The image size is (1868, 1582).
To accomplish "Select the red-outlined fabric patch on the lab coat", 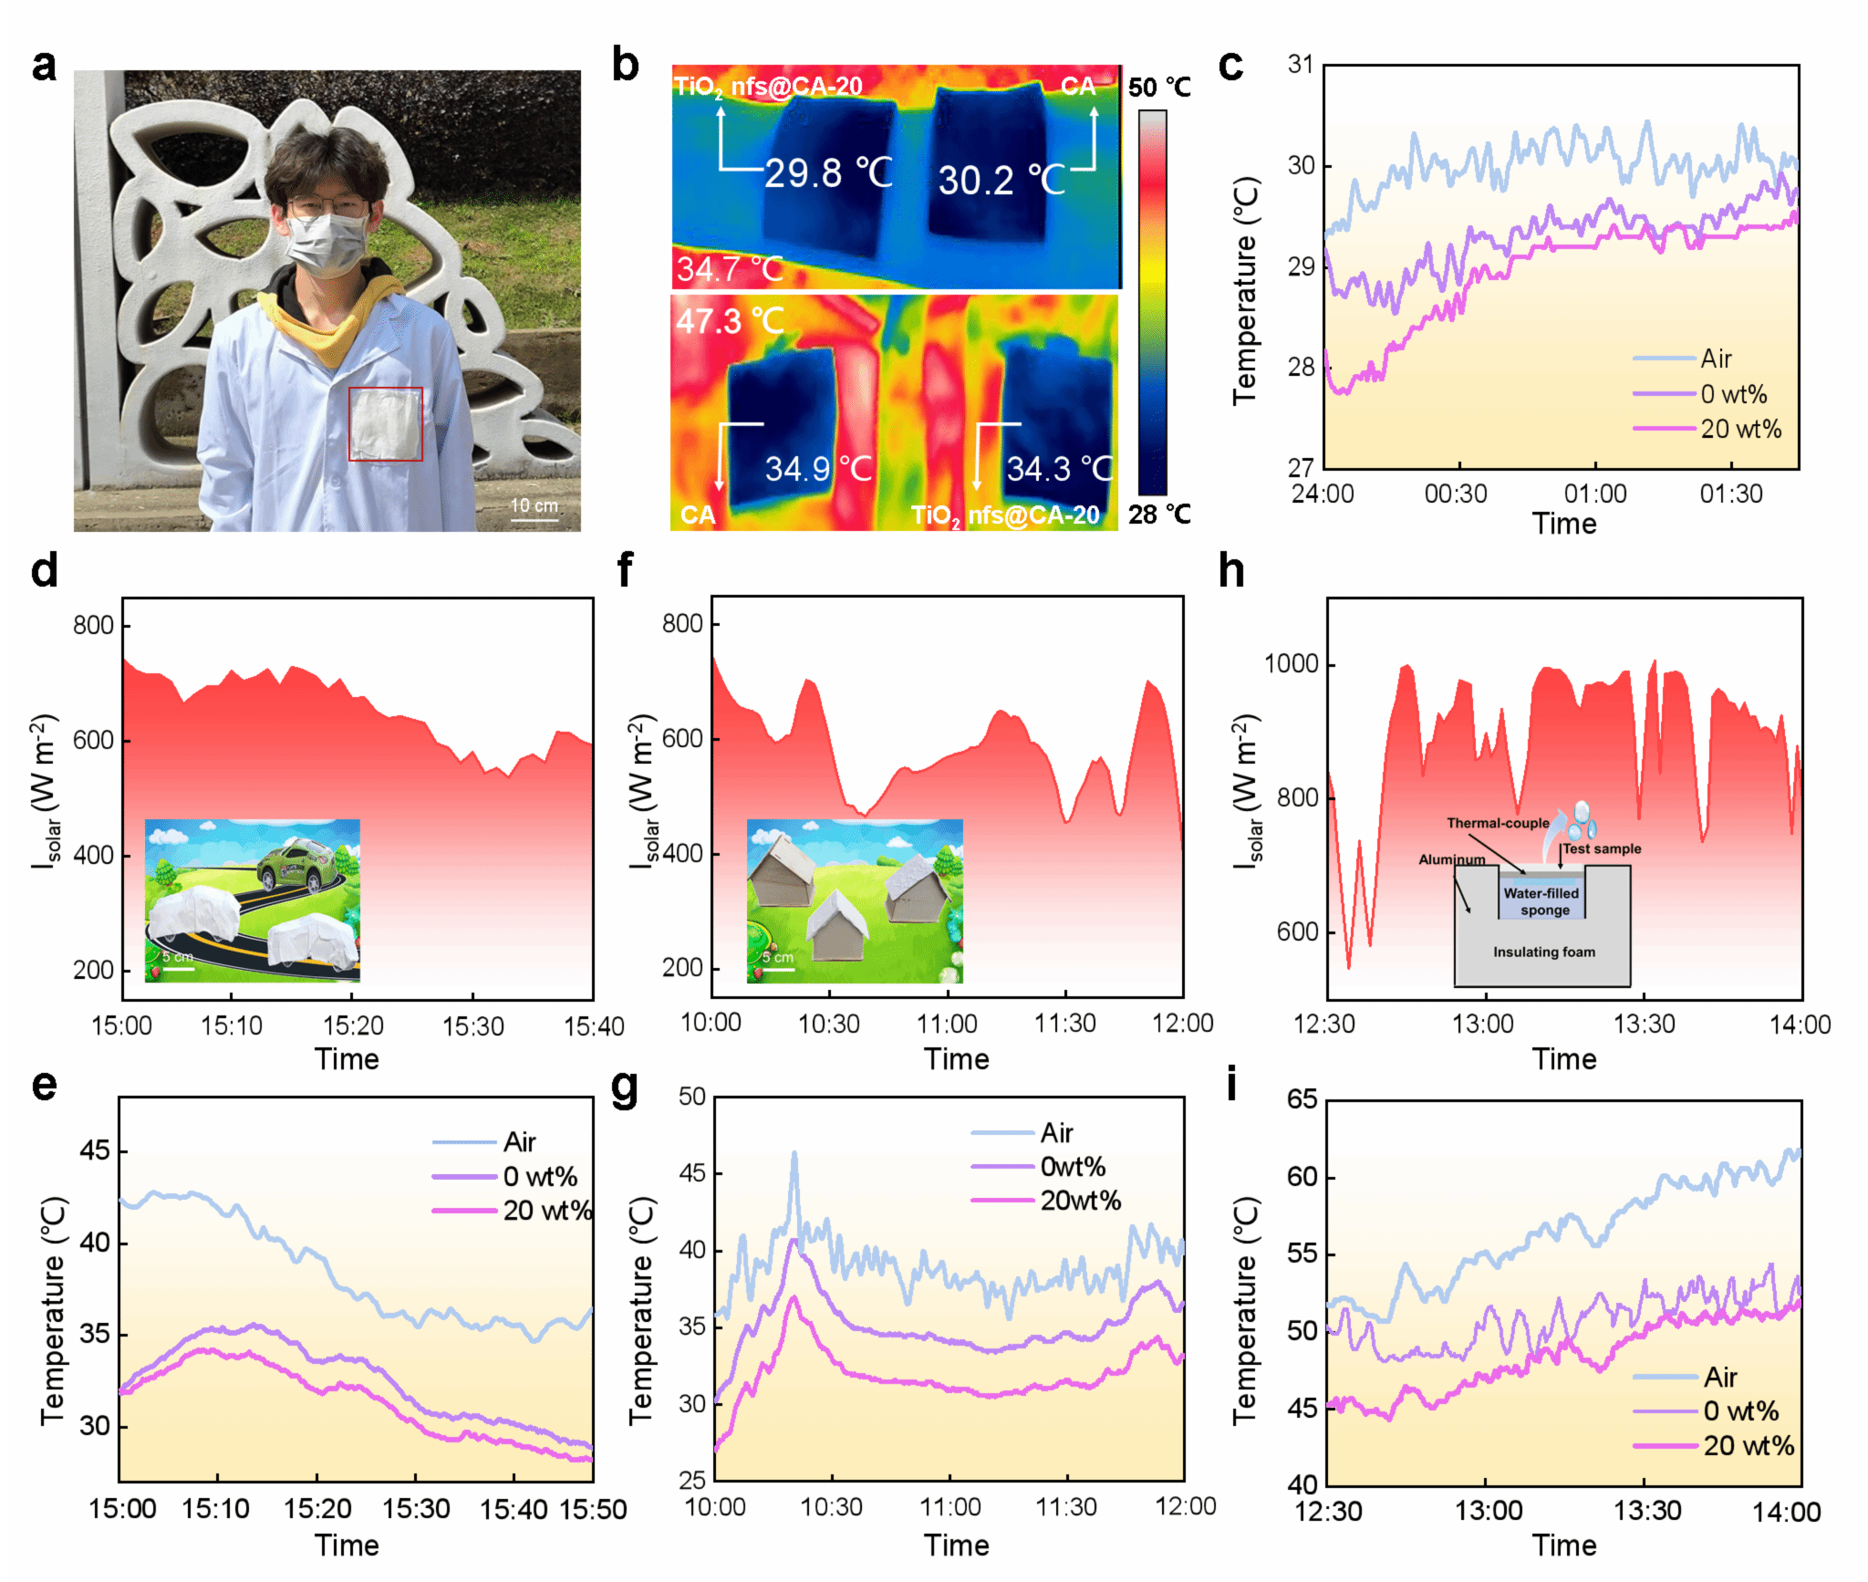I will [385, 423].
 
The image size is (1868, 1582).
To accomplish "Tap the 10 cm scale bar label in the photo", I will [534, 505].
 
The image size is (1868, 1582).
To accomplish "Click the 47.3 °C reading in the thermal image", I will [730, 320].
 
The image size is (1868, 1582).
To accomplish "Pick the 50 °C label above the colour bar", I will [1158, 88].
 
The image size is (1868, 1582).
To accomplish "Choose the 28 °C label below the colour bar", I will [1158, 515].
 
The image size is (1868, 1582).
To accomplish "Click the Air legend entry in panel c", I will [1715, 359].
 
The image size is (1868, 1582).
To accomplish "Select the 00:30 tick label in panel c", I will [1456, 494].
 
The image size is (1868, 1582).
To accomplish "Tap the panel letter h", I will [1231, 571].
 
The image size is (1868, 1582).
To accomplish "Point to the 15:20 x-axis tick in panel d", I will [353, 1026].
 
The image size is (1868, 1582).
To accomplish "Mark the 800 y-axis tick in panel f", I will [682, 624].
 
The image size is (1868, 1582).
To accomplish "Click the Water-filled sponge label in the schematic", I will [1541, 901].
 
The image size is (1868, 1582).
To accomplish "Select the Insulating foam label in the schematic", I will [1543, 952].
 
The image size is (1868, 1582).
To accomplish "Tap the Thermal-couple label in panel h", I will [1497, 823].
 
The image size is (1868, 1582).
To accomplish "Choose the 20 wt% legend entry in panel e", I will [545, 1211].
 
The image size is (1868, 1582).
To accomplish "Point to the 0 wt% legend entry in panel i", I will [1739, 1411].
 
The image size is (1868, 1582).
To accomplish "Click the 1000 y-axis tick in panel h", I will [1291, 664].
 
